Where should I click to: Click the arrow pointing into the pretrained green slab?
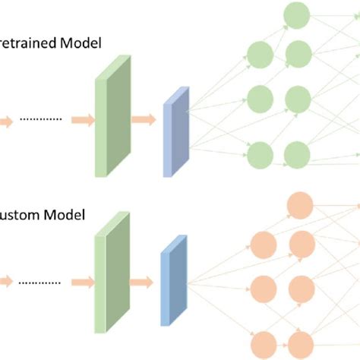[x=82, y=119]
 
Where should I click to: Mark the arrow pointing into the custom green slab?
[x=82, y=283]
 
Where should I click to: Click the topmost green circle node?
[x=295, y=14]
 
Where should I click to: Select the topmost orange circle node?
[x=298, y=205]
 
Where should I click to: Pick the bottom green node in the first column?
[x=261, y=154]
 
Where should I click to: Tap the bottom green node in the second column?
[x=296, y=154]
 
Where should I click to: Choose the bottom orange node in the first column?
[x=263, y=343]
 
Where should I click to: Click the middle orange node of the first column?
[x=263, y=288]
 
